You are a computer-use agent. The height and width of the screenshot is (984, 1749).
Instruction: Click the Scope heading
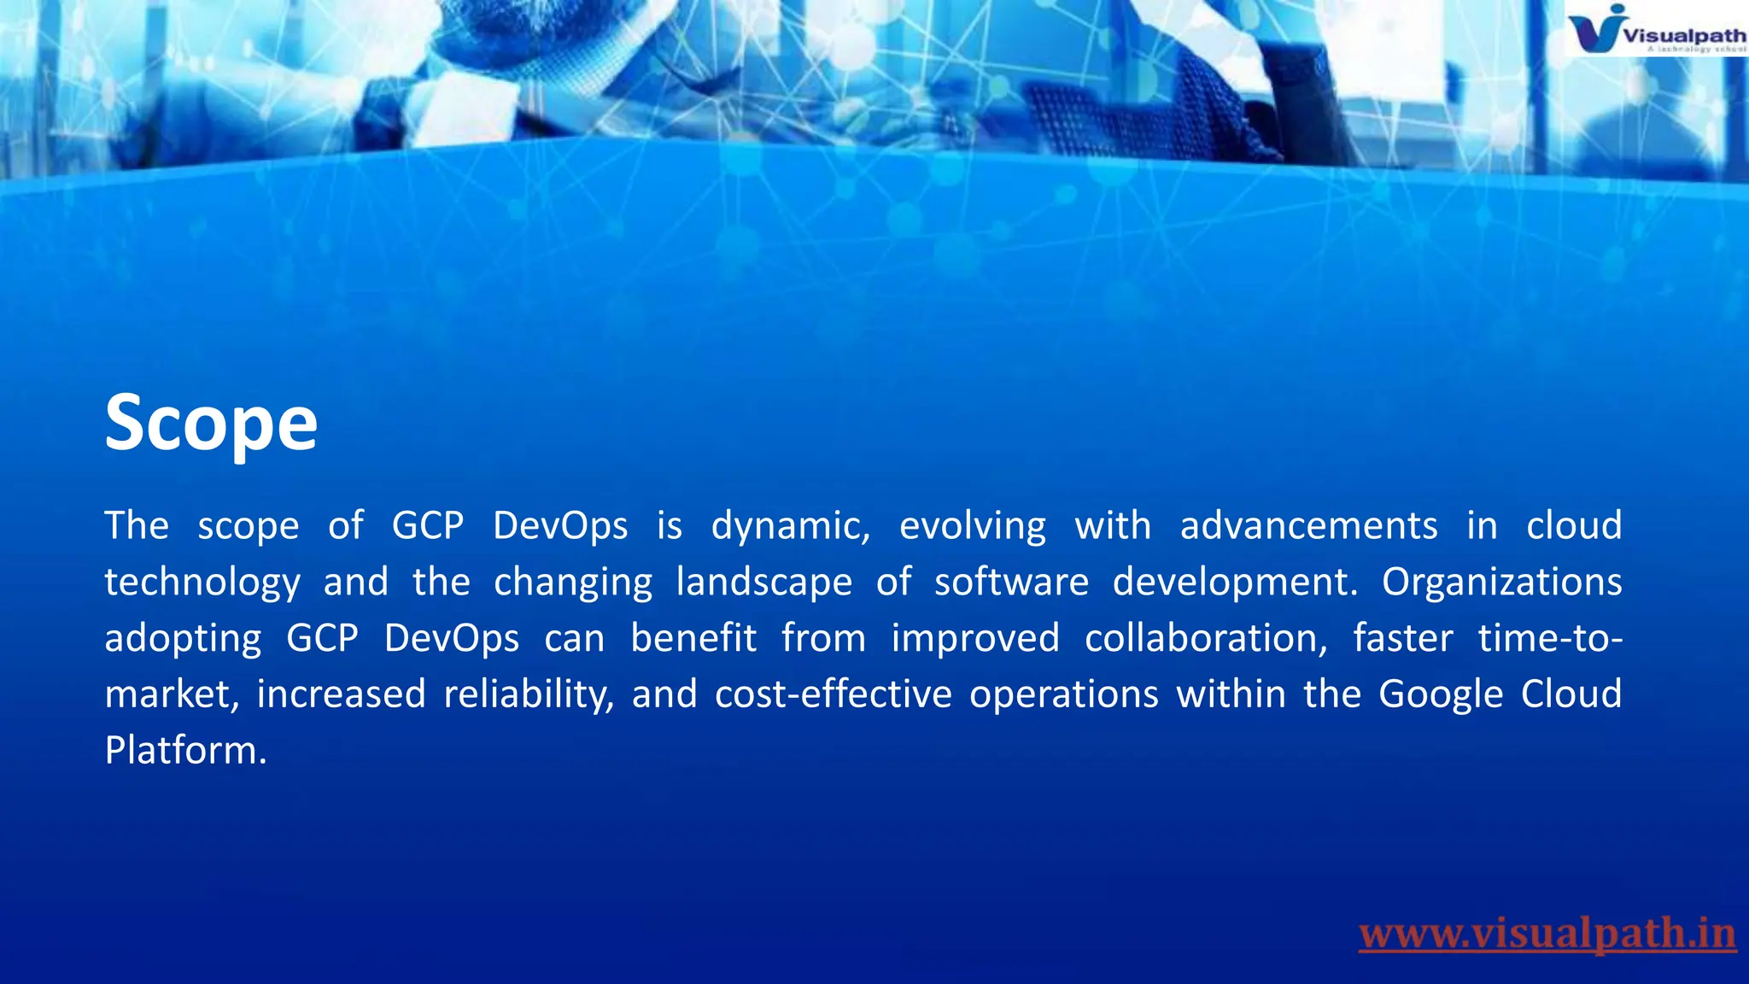tap(211, 422)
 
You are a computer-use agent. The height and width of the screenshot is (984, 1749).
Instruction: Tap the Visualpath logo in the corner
tap(1656, 30)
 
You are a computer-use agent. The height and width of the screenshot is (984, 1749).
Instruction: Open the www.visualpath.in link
tap(1547, 934)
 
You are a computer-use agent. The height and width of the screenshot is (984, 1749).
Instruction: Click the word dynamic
tap(791, 526)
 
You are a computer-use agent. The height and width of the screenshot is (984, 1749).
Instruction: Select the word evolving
tap(973, 526)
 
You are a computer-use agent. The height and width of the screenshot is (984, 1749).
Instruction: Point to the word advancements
tap(1308, 526)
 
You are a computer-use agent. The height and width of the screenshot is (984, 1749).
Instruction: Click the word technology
tap(202, 583)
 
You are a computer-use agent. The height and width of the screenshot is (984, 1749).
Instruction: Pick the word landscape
tap(764, 583)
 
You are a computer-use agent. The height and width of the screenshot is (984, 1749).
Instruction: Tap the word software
tap(1011, 583)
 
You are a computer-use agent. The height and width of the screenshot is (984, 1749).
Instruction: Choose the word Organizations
tap(1502, 583)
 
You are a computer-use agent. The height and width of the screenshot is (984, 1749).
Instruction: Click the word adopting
tap(183, 639)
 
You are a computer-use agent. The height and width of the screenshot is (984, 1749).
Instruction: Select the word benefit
tap(693, 639)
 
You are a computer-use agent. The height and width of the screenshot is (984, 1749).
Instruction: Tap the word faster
tap(1403, 639)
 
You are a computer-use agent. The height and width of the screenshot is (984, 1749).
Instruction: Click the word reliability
tap(529, 694)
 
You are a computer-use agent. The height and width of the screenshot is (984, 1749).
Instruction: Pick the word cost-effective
tap(834, 694)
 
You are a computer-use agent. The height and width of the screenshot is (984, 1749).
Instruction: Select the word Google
tap(1441, 694)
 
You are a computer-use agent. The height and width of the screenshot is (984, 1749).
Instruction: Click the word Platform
tap(185, 751)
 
